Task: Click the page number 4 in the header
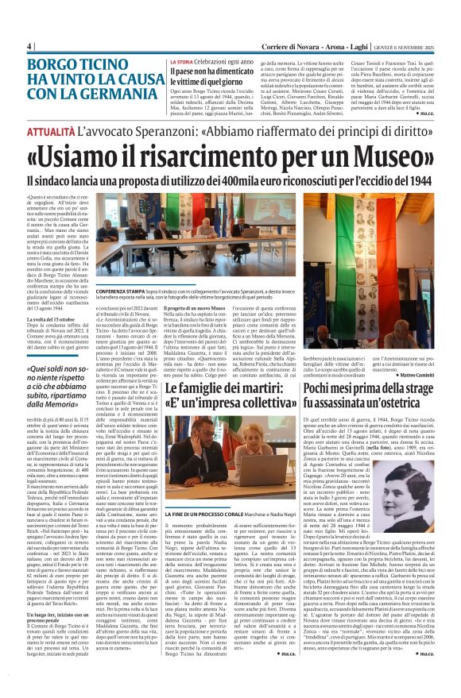coord(30,46)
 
